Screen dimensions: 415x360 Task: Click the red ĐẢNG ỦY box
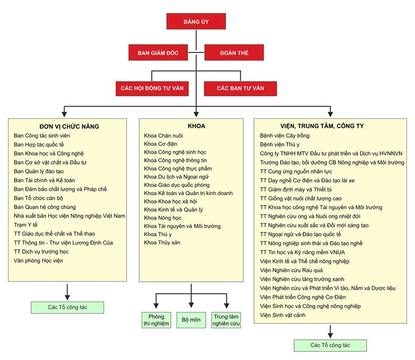pos(196,21)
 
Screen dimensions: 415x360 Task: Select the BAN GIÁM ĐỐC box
pos(158,52)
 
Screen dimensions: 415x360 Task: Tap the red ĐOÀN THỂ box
pos(234,52)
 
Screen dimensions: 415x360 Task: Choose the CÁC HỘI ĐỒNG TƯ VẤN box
pos(152,88)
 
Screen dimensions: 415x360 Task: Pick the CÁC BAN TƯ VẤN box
pos(240,88)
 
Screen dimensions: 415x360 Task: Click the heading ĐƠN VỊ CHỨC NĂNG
pos(70,126)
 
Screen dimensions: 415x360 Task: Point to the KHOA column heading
pos(197,126)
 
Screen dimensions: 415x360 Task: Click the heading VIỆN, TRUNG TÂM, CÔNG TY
pos(322,126)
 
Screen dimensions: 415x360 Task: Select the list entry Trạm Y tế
pos(26,225)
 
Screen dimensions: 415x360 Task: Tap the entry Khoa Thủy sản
pos(162,242)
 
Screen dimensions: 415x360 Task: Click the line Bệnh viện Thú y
pos(280,145)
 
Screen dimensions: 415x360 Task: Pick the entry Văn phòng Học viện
pos(38,261)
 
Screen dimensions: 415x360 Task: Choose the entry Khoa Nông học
pos(163,218)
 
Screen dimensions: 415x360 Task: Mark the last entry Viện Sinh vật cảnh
pos(283,315)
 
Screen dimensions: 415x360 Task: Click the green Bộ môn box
pos(191,320)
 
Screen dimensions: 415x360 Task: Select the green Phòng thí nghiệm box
pos(156,320)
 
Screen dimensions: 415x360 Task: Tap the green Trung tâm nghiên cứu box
pos(226,320)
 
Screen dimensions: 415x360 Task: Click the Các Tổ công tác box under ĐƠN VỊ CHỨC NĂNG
pos(68,308)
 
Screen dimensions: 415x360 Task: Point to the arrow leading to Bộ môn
pos(191,296)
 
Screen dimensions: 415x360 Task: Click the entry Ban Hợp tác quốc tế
pos(38,145)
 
